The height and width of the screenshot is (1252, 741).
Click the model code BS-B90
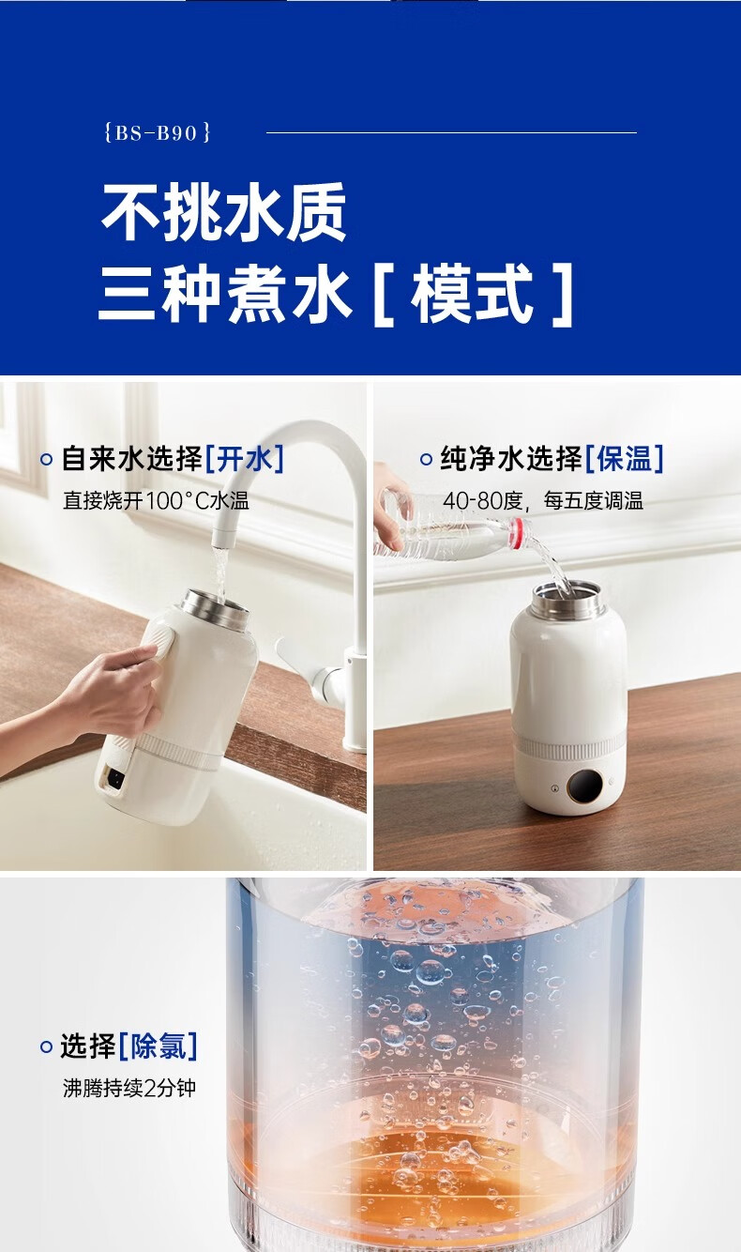click(157, 133)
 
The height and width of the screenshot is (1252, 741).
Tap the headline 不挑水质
click(224, 212)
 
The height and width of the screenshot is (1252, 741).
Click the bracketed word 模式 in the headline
click(473, 294)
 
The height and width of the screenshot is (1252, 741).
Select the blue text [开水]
click(245, 459)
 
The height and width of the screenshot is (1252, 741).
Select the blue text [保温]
click(625, 459)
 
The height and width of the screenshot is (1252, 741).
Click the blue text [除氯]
click(159, 1046)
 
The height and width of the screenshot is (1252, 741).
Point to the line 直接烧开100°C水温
click(156, 500)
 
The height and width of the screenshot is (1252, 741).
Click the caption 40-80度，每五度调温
click(543, 500)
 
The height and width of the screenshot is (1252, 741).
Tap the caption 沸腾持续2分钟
click(129, 1088)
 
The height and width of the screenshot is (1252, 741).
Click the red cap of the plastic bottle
click(520, 530)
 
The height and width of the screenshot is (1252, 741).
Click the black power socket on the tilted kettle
click(116, 778)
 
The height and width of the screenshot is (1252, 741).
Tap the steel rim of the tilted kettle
click(215, 609)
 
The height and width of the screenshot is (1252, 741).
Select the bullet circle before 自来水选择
click(46, 460)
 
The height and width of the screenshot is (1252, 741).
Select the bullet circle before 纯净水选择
click(426, 460)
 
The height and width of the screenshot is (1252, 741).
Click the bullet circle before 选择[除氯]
click(46, 1046)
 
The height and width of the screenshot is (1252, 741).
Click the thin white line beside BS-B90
click(451, 133)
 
